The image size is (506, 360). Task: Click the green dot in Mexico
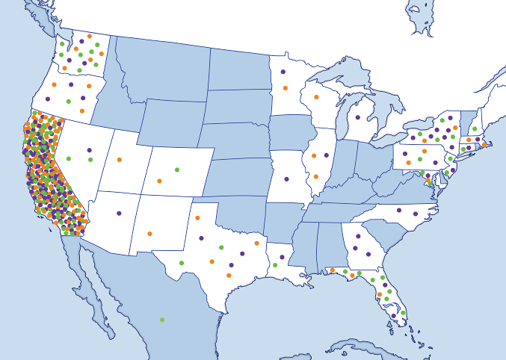click(162, 320)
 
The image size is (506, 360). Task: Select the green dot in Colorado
click(177, 169)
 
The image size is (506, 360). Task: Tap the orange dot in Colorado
click(159, 181)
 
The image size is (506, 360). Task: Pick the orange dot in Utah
click(119, 159)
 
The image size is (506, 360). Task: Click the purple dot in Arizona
click(119, 214)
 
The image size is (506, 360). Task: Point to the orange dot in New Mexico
click(149, 234)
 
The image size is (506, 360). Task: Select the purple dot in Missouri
click(286, 179)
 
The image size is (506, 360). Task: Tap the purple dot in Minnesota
click(283, 72)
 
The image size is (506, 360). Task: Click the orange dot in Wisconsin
click(316, 97)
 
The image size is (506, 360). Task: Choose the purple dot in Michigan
click(357, 118)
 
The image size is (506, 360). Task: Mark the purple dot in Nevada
click(89, 150)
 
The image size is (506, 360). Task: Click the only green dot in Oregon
click(68, 101)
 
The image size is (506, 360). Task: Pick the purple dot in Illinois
click(327, 155)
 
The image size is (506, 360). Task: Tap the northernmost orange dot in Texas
click(197, 218)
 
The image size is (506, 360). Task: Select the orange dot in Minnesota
click(285, 88)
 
